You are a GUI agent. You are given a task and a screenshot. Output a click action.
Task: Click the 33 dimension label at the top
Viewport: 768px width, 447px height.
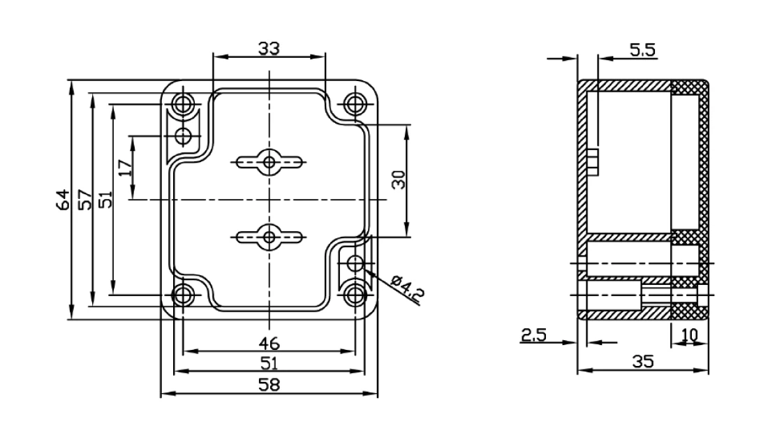269,48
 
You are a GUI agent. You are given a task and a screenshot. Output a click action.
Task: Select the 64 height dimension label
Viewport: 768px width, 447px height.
64,200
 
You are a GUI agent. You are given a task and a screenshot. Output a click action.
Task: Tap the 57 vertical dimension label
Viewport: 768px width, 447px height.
84,200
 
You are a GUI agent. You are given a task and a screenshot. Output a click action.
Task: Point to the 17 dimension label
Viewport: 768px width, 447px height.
126,168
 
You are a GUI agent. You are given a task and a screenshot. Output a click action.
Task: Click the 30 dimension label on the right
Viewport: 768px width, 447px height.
399,180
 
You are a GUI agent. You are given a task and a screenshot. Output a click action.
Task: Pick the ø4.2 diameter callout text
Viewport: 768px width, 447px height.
408,288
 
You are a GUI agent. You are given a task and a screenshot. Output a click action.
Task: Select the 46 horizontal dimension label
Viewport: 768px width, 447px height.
269,343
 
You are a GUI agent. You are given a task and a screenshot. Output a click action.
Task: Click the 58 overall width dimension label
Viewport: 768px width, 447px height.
269,385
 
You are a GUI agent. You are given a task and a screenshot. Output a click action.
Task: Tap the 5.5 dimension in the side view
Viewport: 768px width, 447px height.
642,50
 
